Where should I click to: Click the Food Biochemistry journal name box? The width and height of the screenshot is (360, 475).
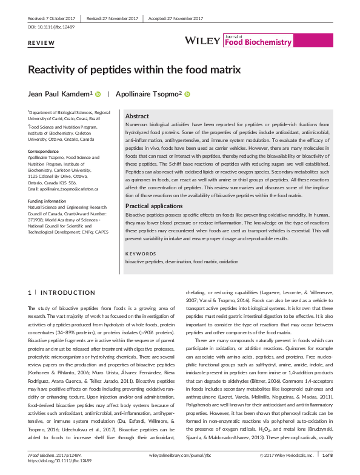point(248,40)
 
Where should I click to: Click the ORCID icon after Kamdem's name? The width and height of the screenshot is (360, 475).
point(98,94)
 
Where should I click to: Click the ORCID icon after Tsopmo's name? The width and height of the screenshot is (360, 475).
point(187,94)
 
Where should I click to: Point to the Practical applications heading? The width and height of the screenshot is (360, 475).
point(154,206)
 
